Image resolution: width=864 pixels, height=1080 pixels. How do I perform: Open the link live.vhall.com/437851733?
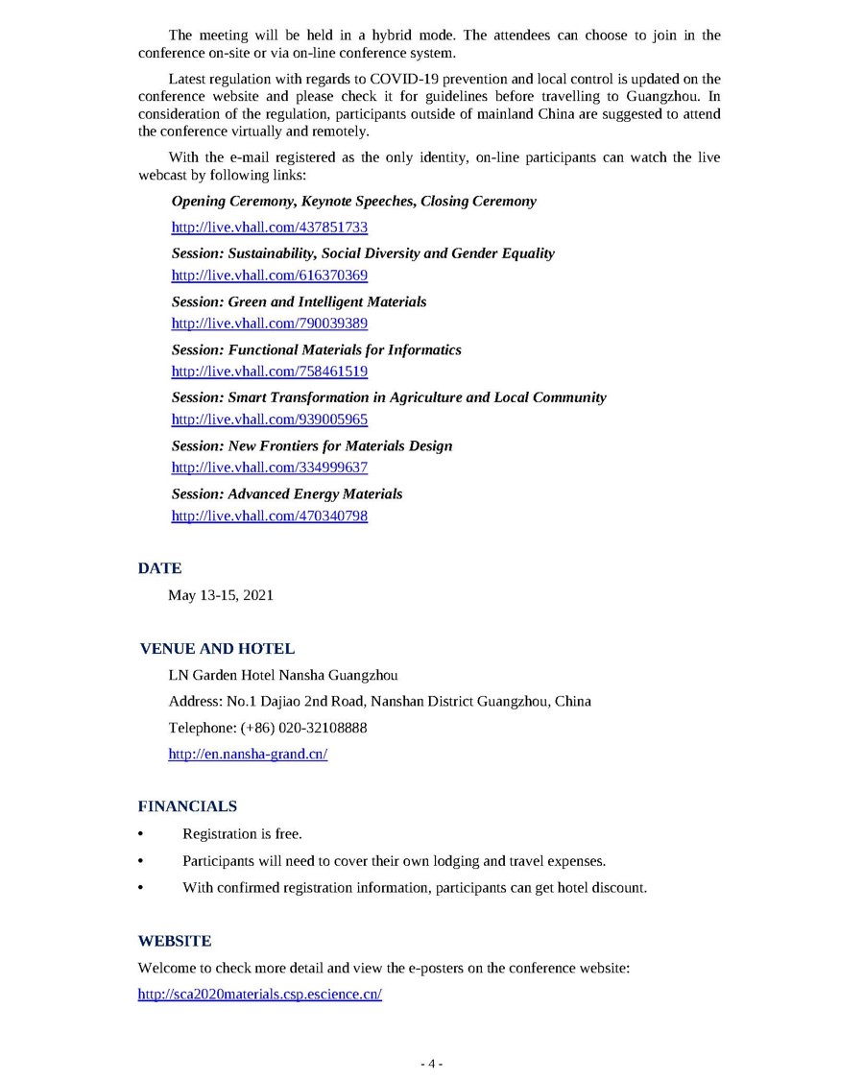click(x=269, y=228)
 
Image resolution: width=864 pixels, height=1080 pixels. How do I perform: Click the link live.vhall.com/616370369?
click(x=269, y=276)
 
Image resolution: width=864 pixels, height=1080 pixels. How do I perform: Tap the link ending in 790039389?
click(x=269, y=324)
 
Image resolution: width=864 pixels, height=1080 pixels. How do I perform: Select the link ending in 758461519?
click(x=269, y=372)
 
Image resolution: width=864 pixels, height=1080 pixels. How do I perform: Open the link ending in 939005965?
click(x=269, y=420)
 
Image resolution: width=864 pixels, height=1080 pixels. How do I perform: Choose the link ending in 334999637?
click(x=269, y=468)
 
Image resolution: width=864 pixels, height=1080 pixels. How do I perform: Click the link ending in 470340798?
click(x=269, y=516)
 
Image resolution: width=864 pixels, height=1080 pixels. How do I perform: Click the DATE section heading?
click(x=159, y=568)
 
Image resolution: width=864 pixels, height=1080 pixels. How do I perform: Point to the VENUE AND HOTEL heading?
click(x=217, y=649)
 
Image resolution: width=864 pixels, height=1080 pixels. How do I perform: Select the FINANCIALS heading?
click(x=187, y=806)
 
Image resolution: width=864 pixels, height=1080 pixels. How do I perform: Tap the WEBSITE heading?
click(x=175, y=941)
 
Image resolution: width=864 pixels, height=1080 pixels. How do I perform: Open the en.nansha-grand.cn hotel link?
click(x=248, y=755)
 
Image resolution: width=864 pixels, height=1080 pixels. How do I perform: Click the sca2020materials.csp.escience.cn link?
click(x=259, y=995)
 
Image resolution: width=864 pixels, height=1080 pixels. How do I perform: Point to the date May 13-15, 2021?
click(x=221, y=595)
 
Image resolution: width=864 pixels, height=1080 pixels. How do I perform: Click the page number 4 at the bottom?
click(x=432, y=1064)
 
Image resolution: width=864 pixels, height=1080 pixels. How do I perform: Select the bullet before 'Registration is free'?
click(x=142, y=834)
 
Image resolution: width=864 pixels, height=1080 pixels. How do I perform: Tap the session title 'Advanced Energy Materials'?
click(x=315, y=493)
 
